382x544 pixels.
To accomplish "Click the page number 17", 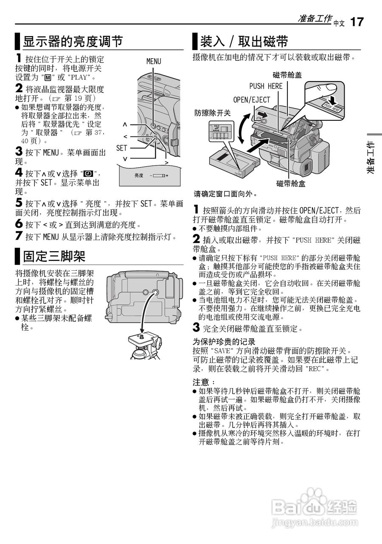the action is click(x=357, y=22).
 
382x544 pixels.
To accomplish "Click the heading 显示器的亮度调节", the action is click(x=73, y=42).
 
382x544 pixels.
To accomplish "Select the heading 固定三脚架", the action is click(x=54, y=256).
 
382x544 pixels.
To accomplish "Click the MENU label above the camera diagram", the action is click(x=154, y=61).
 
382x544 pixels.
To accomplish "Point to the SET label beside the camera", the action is click(x=121, y=148).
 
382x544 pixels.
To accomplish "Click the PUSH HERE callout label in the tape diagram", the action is click(x=266, y=86).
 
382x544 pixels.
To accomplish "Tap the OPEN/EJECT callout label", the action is click(x=252, y=100).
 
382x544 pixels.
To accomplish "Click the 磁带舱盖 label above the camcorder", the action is click(x=288, y=75).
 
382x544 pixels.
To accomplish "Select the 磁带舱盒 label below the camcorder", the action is click(x=291, y=184).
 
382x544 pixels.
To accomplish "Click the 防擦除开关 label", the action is click(x=212, y=113).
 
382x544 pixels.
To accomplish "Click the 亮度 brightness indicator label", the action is click(x=139, y=175).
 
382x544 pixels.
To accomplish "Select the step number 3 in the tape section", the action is click(x=196, y=328).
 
